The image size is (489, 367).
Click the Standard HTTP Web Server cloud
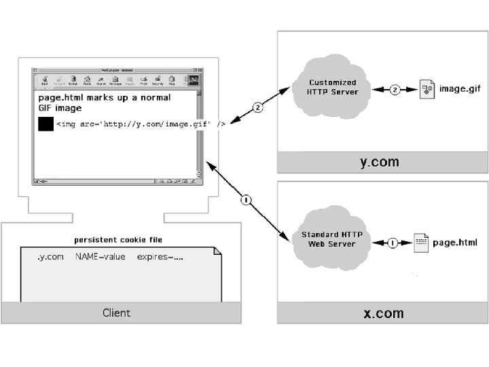tap(331, 239)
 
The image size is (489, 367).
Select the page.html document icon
tap(421, 243)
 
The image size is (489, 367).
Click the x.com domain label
tap(383, 313)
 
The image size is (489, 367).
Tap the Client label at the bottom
tap(116, 313)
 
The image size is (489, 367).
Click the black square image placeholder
tap(46, 124)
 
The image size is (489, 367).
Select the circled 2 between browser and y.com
tap(257, 107)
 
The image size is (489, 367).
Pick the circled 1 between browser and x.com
tap(246, 200)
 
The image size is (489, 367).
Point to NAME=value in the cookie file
tap(101, 257)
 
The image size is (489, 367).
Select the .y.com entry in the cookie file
tap(50, 257)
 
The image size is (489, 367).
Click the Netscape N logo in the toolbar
tap(193, 80)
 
